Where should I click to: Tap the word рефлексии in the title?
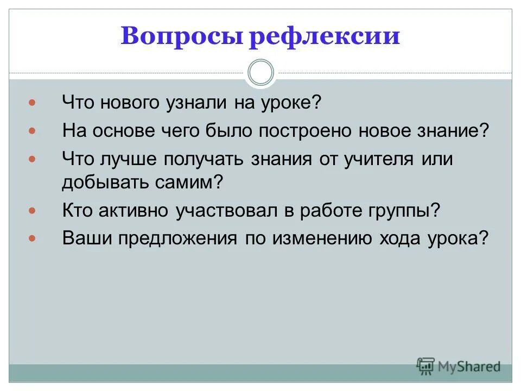(x=324, y=36)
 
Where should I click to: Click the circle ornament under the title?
(x=260, y=73)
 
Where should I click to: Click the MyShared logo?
(x=459, y=366)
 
